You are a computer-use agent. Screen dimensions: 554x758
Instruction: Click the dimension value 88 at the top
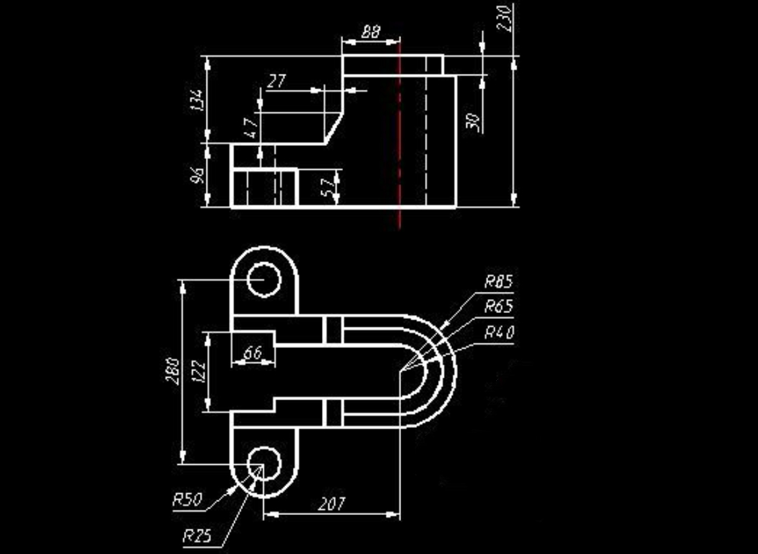tap(371, 32)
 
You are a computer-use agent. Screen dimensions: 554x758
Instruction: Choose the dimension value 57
tap(328, 187)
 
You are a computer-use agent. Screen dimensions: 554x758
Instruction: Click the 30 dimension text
tap(472, 121)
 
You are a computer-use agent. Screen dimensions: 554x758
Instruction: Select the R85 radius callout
tap(498, 283)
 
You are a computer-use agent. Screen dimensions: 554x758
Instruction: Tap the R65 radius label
tap(498, 307)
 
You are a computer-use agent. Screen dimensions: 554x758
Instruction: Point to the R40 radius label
tap(498, 332)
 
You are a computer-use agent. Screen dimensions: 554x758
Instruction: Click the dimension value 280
tap(174, 372)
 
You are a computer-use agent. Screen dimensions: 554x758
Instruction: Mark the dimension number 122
tap(201, 372)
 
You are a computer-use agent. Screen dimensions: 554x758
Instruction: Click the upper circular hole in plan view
tap(265, 280)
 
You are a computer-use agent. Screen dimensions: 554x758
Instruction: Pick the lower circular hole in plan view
tap(265, 463)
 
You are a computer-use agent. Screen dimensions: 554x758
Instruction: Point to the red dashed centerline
tap(400, 132)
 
